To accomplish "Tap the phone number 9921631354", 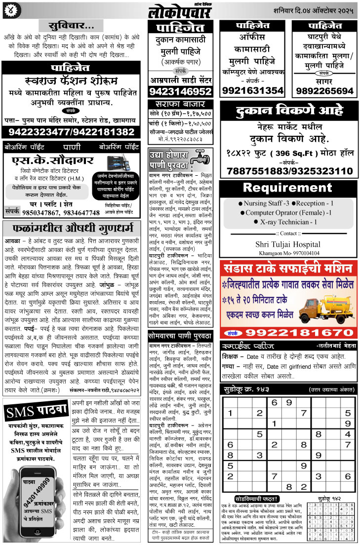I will click(x=252, y=91).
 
